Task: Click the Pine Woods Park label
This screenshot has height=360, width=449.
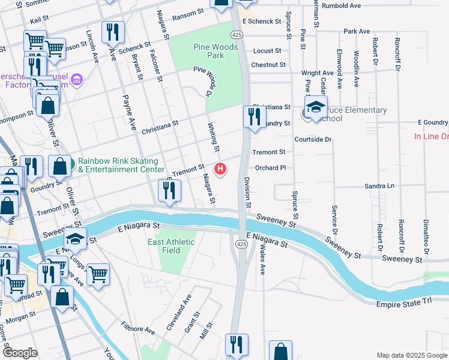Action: (x=208, y=51)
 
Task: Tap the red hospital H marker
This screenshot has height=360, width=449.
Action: (x=220, y=169)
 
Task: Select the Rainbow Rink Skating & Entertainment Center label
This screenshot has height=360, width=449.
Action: (x=118, y=165)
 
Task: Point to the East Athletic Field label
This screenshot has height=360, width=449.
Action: (x=172, y=246)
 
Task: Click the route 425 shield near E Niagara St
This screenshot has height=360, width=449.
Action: (x=241, y=244)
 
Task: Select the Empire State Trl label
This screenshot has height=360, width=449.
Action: (x=404, y=305)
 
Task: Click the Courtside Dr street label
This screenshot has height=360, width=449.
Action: (x=313, y=139)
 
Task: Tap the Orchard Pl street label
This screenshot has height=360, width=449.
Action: (x=269, y=168)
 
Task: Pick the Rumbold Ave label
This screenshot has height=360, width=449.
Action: (x=358, y=5)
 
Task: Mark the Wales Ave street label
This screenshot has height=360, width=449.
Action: (x=262, y=262)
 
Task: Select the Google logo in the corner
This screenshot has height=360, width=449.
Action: (x=20, y=352)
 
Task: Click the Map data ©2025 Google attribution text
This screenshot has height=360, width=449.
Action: (x=412, y=355)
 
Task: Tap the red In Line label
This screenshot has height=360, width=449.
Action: (x=431, y=136)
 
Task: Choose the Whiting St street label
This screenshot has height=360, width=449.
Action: (x=213, y=137)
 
